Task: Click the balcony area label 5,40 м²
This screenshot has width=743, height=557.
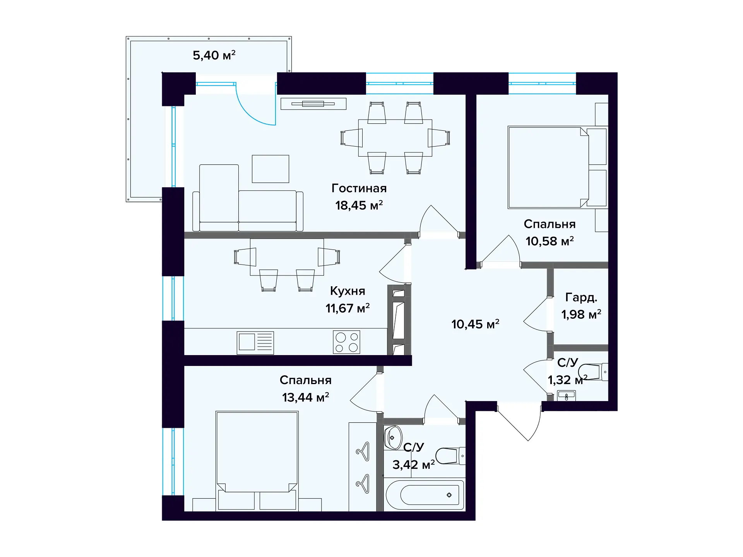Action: pyautogui.click(x=214, y=55)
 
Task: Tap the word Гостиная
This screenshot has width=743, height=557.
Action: pyautogui.click(x=359, y=188)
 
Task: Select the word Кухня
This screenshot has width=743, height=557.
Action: pyautogui.click(x=348, y=291)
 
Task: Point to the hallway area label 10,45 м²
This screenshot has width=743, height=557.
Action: pyautogui.click(x=475, y=324)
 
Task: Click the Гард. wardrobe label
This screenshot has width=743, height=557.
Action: pyautogui.click(x=581, y=297)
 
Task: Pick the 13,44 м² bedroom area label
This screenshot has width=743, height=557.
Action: pyautogui.click(x=305, y=397)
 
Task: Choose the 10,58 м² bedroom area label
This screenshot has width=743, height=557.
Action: pyautogui.click(x=550, y=241)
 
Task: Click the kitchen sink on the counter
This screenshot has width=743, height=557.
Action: pyautogui.click(x=255, y=343)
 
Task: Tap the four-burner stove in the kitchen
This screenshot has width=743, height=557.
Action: pyautogui.click(x=347, y=342)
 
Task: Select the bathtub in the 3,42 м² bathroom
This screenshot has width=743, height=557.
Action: pyautogui.click(x=425, y=495)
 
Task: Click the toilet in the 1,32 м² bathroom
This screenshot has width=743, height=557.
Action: pyautogui.click(x=593, y=372)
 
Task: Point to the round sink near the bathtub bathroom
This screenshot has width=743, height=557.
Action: pyautogui.click(x=393, y=437)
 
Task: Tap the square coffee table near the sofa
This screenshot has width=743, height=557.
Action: pyautogui.click(x=270, y=169)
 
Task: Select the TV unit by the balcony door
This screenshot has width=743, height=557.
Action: pyautogui.click(x=313, y=104)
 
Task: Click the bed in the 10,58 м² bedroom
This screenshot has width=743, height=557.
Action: pyautogui.click(x=548, y=167)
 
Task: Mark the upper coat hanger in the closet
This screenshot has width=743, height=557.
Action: pyautogui.click(x=363, y=451)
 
